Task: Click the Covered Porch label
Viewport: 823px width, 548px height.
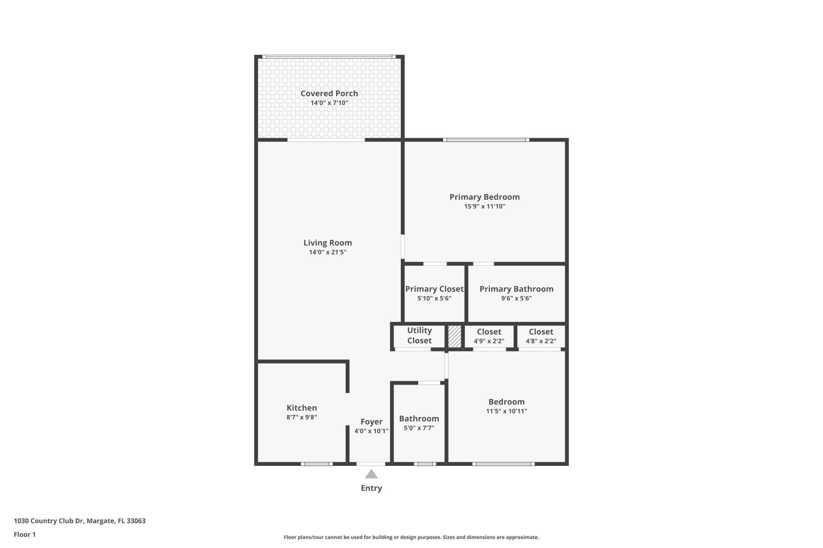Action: click(329, 93)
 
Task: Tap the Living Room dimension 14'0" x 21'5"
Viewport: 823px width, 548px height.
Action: click(327, 252)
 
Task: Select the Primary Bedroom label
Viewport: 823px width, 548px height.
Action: click(484, 197)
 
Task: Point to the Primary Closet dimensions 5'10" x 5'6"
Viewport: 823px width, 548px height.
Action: click(434, 298)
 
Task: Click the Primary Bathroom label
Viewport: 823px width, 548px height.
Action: click(516, 289)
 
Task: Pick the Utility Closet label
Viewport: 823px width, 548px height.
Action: click(419, 335)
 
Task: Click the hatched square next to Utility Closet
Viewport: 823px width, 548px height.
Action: click(454, 337)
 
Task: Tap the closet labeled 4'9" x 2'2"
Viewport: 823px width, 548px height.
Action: click(489, 336)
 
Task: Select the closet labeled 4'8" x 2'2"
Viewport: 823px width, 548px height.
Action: click(541, 336)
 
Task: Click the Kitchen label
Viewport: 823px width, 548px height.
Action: click(301, 408)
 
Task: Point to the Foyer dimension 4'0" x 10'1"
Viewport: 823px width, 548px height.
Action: click(371, 431)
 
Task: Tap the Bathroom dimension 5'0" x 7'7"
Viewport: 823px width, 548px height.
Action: click(419, 428)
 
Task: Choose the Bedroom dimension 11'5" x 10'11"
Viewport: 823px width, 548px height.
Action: click(506, 411)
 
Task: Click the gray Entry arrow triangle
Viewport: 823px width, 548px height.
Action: click(371, 474)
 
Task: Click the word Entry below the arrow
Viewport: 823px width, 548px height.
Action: click(371, 488)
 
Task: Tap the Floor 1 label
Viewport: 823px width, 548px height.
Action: click(24, 534)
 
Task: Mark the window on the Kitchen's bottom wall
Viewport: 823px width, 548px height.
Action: click(316, 464)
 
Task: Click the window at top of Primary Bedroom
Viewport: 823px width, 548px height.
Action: click(486, 140)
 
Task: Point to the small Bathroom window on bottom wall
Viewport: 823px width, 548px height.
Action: click(425, 464)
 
